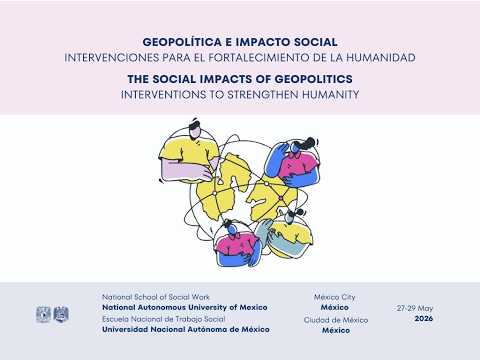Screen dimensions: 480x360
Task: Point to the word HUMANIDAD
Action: pos(381,58)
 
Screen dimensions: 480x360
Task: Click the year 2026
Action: pos(424,319)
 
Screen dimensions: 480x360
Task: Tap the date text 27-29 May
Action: pos(415,308)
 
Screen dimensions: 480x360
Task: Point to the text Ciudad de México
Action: pos(336,320)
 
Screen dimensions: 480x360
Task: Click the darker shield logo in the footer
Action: pos(61,314)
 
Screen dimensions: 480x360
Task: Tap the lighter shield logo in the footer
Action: pos(43,314)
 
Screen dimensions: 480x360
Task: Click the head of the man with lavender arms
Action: pos(195,129)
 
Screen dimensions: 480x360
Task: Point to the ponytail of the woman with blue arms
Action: pos(309,141)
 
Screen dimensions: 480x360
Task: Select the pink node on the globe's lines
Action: pos(281,198)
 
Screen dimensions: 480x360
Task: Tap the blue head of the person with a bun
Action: pos(233,229)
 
